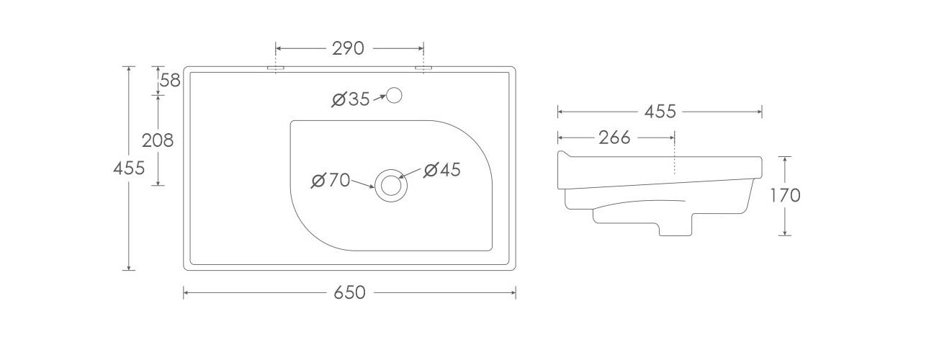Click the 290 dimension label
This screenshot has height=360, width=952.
[348, 48]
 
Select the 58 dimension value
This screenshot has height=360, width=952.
[170, 81]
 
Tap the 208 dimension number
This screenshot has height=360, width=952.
[158, 140]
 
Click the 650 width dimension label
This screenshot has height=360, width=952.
[349, 292]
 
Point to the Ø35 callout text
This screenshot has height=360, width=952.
[351, 99]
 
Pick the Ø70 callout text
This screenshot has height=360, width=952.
[331, 180]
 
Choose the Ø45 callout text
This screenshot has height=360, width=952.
[442, 170]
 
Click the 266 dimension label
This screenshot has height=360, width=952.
[614, 138]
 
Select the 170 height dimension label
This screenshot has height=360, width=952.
[786, 196]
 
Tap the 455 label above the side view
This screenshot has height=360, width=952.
[660, 112]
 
